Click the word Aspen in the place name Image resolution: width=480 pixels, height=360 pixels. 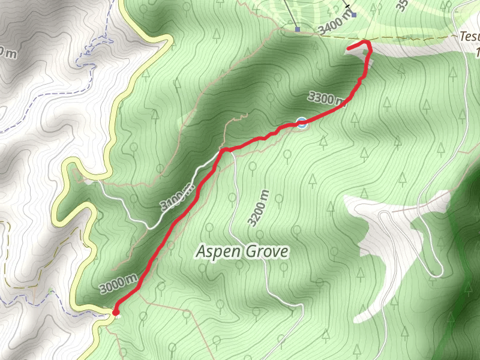[x=217, y=251]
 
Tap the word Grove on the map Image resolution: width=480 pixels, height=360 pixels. [x=265, y=251]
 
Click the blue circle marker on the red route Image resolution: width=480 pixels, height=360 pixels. [x=301, y=123]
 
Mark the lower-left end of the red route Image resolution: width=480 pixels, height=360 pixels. [x=115, y=311]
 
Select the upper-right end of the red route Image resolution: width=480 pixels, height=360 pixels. [x=349, y=47]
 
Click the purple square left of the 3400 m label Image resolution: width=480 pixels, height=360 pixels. [x=298, y=28]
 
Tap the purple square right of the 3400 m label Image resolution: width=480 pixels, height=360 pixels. [x=354, y=15]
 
